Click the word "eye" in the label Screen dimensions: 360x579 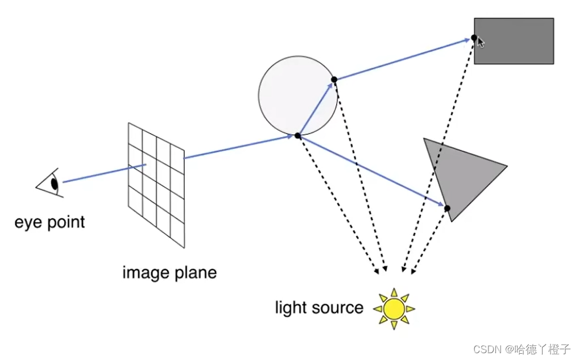pos(28,222)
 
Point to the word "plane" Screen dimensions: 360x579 pos(195,272)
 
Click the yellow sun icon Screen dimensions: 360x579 pos(394,308)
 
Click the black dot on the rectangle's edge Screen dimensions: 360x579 pos(474,38)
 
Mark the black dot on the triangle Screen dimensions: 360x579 pos(447,208)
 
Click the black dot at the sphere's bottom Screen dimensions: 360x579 pos(297,136)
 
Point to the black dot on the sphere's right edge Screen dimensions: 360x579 pos(334,80)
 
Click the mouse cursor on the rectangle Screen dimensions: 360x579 pos(481,42)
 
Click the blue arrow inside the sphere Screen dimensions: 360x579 pos(316,108)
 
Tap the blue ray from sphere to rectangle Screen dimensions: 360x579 pos(404,59)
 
